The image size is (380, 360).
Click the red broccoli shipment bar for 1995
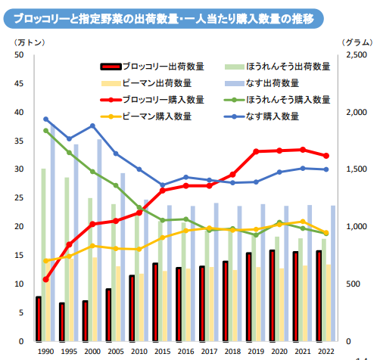pos(61,321)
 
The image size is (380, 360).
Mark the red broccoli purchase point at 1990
pos(45,279)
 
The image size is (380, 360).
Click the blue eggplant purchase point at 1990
pos(45,119)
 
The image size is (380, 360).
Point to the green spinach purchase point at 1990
pos(45,131)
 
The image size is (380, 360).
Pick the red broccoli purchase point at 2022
pos(326,156)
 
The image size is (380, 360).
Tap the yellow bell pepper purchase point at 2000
pos(92,246)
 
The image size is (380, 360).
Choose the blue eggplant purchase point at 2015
pos(162,185)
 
